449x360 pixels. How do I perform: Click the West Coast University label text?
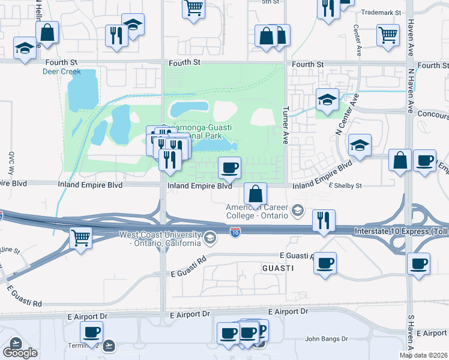pos(160,239)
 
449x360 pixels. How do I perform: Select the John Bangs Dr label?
pos(326,339)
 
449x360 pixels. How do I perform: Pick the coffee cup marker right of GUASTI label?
pos(325,262)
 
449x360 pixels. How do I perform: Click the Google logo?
pos(20,353)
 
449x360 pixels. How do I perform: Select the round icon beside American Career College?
pos(297,211)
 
